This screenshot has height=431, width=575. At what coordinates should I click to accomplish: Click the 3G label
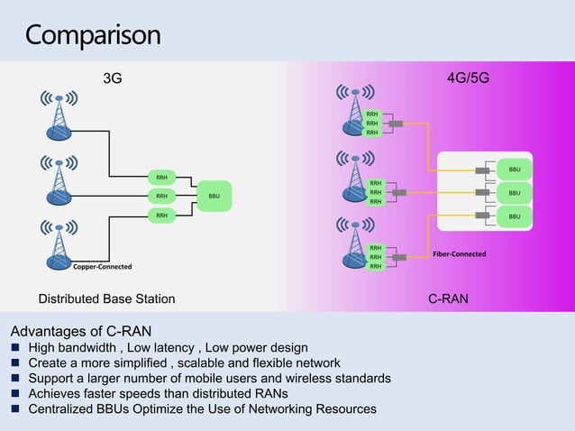pos(112,78)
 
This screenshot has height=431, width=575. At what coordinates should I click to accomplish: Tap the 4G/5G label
pos(468,78)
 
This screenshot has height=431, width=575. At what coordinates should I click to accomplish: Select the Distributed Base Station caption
pos(106,298)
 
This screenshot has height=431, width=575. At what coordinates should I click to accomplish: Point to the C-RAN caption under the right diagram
pos(447,298)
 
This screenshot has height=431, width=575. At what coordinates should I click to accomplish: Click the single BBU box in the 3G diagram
pos(214,196)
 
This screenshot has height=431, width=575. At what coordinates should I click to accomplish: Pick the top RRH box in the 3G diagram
pos(161,177)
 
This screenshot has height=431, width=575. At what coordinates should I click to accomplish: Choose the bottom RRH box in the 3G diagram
pos(161,215)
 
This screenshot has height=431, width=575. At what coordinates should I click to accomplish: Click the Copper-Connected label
pos(102,267)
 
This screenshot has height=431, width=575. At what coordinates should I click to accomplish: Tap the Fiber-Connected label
pos(459,254)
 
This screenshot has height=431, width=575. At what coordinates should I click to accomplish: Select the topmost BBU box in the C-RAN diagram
pos(514,170)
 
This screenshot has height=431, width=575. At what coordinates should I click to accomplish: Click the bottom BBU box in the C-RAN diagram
pos(514,216)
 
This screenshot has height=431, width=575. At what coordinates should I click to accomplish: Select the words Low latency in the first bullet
pos(159,348)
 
